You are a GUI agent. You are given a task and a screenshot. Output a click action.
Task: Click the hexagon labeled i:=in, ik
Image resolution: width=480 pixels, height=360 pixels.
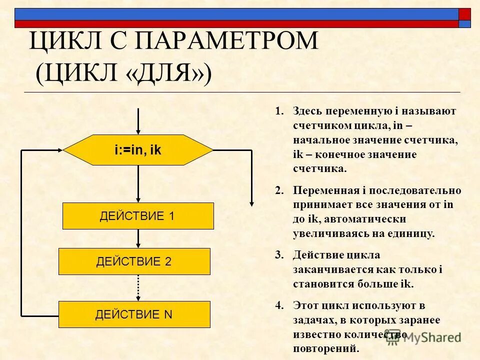tap(138, 150)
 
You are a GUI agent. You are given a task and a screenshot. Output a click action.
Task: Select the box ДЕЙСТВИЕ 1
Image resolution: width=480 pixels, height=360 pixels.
tap(138, 216)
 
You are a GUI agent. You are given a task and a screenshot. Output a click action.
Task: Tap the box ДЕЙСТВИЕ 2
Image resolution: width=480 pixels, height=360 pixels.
tap(134, 261)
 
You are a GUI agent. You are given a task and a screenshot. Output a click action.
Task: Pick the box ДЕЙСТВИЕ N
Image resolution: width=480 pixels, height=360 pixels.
tap(134, 314)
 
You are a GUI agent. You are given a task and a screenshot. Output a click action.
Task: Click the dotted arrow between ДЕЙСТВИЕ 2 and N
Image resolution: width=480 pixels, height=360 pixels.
tap(138, 287)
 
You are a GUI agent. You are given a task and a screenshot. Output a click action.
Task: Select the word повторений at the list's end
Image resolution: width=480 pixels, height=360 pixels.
tap(326, 348)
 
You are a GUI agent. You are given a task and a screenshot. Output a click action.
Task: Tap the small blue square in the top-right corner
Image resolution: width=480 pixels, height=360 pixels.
tap(464, 23)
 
